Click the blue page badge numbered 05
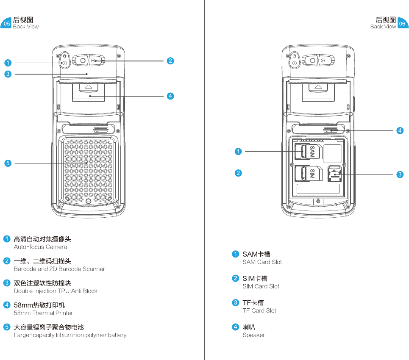click(x=6, y=24)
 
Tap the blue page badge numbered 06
click(x=402, y=24)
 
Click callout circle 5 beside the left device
click(x=8, y=163)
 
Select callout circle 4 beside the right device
click(x=400, y=130)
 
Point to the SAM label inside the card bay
click(x=312, y=152)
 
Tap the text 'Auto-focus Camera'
click(x=40, y=247)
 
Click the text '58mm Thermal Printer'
click(x=43, y=313)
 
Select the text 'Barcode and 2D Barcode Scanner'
click(x=59, y=269)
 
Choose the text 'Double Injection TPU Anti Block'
click(x=56, y=291)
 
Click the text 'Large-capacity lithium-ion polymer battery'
click(x=70, y=335)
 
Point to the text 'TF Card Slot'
click(x=259, y=310)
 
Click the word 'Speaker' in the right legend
click(x=253, y=335)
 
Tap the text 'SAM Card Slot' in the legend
click(x=262, y=262)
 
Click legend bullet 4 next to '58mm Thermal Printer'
click(x=7, y=305)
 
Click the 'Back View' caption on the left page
click(x=25, y=27)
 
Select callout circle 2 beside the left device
click(x=170, y=61)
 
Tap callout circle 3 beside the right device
click(x=400, y=174)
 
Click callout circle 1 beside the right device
click(x=239, y=151)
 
